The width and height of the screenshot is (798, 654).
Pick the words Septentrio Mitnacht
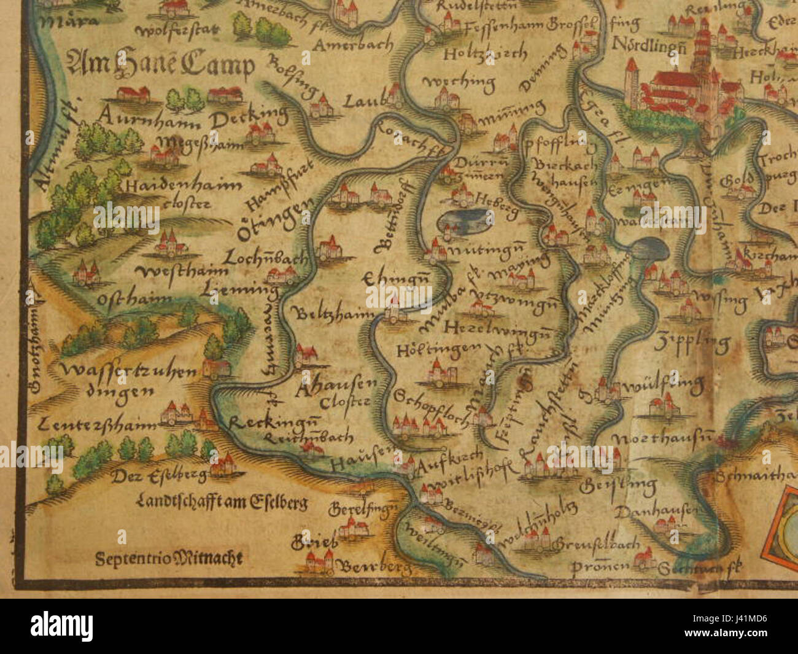click(x=169, y=558)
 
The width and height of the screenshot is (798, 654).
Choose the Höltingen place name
click(x=437, y=349)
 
